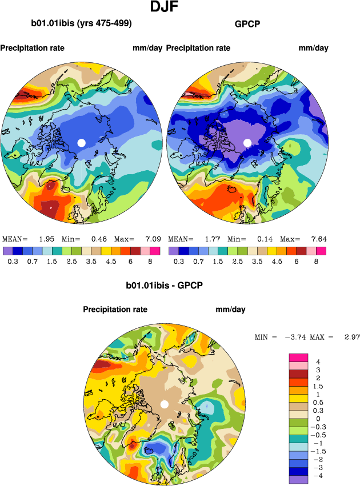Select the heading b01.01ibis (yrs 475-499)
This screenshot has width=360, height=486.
[81, 24]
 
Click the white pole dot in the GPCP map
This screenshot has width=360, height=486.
[247, 142]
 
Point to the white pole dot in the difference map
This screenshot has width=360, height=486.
[164, 404]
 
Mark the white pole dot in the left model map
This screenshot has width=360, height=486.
[81, 142]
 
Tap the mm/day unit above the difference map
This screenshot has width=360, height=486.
[230, 310]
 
